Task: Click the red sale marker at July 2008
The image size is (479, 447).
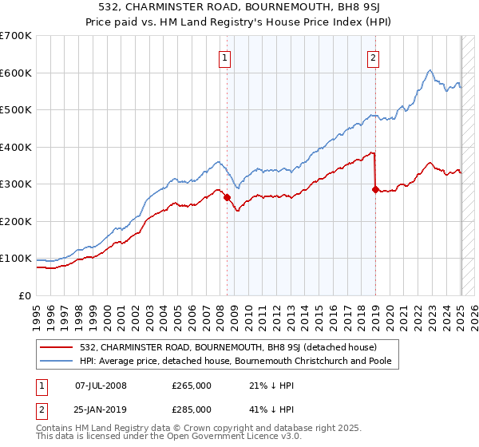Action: click(227, 197)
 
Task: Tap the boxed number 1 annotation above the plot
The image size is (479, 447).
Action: click(225, 57)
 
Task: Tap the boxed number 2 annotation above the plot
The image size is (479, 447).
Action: click(373, 57)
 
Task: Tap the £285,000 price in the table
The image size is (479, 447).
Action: click(192, 409)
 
